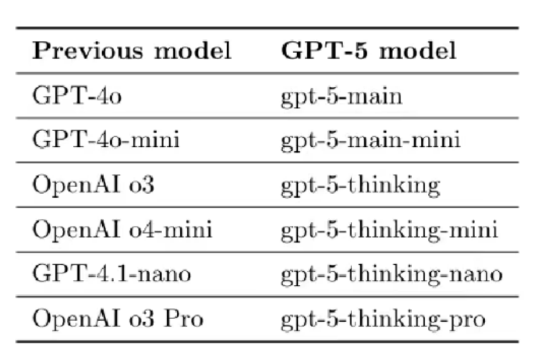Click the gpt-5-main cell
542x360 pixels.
[x=341, y=97]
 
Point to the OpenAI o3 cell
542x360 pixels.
[x=93, y=185]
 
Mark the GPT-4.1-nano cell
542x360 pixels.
[x=110, y=274]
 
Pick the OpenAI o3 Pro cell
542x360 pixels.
[x=117, y=319]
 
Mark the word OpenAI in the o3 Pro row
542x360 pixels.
[x=69, y=319]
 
